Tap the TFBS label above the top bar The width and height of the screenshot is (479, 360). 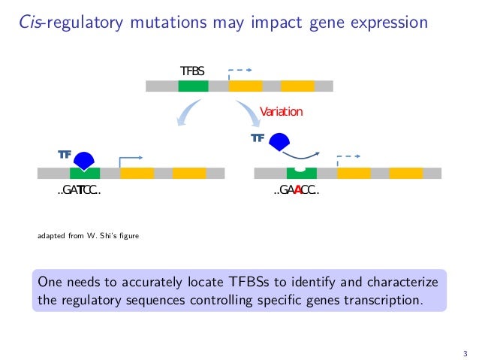click(192, 71)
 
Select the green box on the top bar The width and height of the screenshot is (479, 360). click(193, 86)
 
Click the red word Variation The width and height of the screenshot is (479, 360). click(281, 112)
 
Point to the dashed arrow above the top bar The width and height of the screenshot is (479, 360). click(239, 72)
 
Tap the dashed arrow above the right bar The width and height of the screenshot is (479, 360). click(348, 159)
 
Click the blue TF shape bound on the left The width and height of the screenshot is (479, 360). click(84, 159)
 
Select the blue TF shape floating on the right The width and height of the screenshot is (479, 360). click(279, 141)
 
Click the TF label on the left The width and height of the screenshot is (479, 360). click(65, 154)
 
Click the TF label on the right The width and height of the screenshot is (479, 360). click(258, 138)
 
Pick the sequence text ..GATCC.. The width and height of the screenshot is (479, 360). click(79, 190)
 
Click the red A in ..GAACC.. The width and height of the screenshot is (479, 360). click(298, 190)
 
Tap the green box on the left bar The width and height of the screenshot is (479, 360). click(85, 174)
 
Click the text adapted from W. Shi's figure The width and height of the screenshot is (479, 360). click(88, 237)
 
